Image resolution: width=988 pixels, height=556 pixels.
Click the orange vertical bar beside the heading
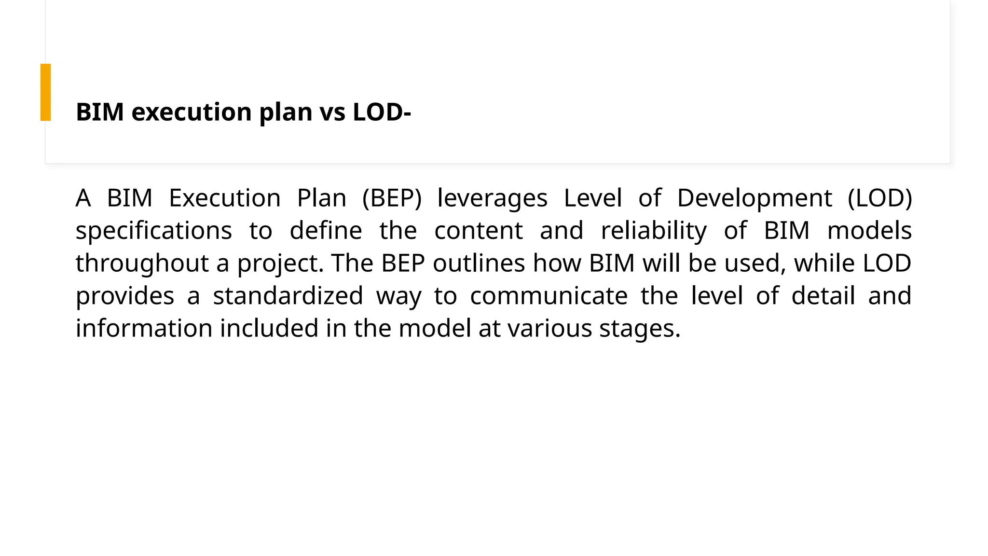[x=45, y=92]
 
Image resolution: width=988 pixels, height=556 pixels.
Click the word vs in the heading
[x=332, y=112]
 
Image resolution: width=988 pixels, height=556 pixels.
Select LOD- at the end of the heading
[x=382, y=112]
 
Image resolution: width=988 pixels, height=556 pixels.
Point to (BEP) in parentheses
[x=392, y=198]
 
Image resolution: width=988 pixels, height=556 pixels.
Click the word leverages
[x=492, y=198]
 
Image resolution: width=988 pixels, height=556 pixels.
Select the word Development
[x=755, y=198]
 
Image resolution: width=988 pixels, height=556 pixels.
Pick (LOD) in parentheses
[x=880, y=198]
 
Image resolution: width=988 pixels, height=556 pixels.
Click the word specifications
[x=153, y=231]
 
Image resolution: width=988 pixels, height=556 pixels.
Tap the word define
[x=326, y=231]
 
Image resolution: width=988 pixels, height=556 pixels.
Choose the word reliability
[x=654, y=231]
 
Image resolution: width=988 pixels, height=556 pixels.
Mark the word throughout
[x=142, y=264]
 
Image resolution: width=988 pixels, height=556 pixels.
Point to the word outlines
[x=479, y=264]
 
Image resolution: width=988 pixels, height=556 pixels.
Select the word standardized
[x=288, y=296]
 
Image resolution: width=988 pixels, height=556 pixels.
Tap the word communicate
[x=549, y=296]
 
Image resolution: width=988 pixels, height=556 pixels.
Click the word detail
[x=823, y=296]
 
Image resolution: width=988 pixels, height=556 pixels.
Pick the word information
[x=144, y=328]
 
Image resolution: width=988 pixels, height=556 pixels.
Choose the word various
[x=549, y=328]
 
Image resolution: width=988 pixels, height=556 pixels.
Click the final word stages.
[x=640, y=329]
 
